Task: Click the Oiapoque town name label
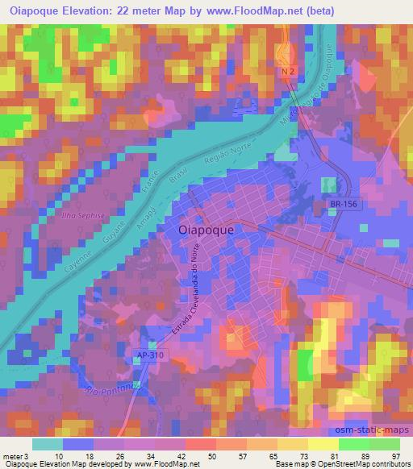click(x=205, y=230)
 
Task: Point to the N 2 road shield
click(x=289, y=73)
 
